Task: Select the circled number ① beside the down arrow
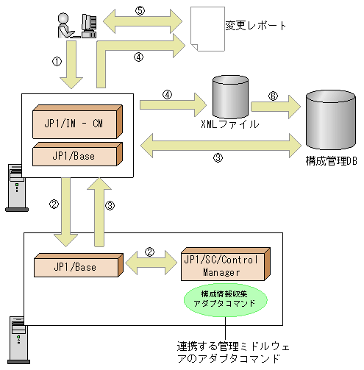pos(57,62)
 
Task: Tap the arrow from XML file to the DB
pos(275,106)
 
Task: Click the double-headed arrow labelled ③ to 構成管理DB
pos(221,143)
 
